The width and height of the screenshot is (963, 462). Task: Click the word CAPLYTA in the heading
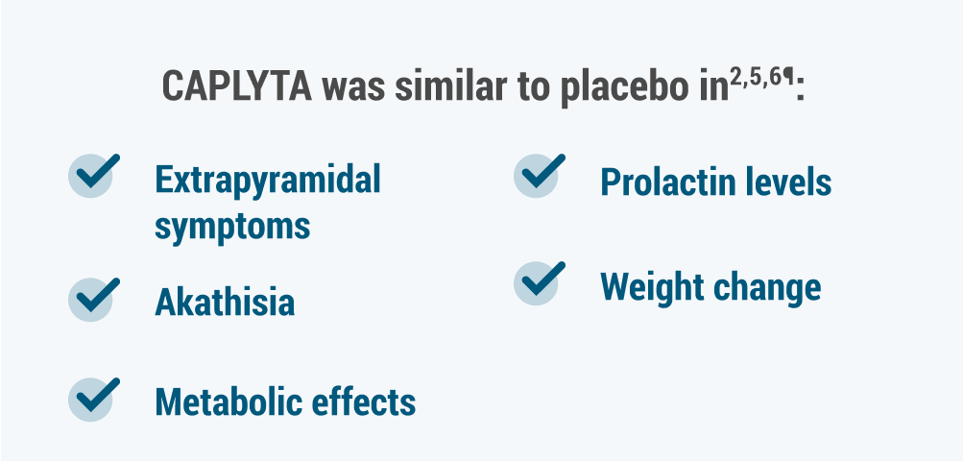pyautogui.click(x=236, y=86)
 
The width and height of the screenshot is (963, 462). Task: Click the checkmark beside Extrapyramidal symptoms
pyautogui.click(x=93, y=175)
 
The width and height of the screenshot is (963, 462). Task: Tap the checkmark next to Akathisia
pyautogui.click(x=93, y=299)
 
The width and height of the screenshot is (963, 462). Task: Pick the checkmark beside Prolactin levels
pyautogui.click(x=539, y=175)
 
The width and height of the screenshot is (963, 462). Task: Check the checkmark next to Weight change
pyautogui.click(x=539, y=283)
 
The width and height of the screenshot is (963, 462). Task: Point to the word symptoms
pyautogui.click(x=232, y=226)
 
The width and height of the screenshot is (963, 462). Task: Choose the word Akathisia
pyautogui.click(x=225, y=302)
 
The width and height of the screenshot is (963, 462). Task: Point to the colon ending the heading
pyautogui.click(x=800, y=91)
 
